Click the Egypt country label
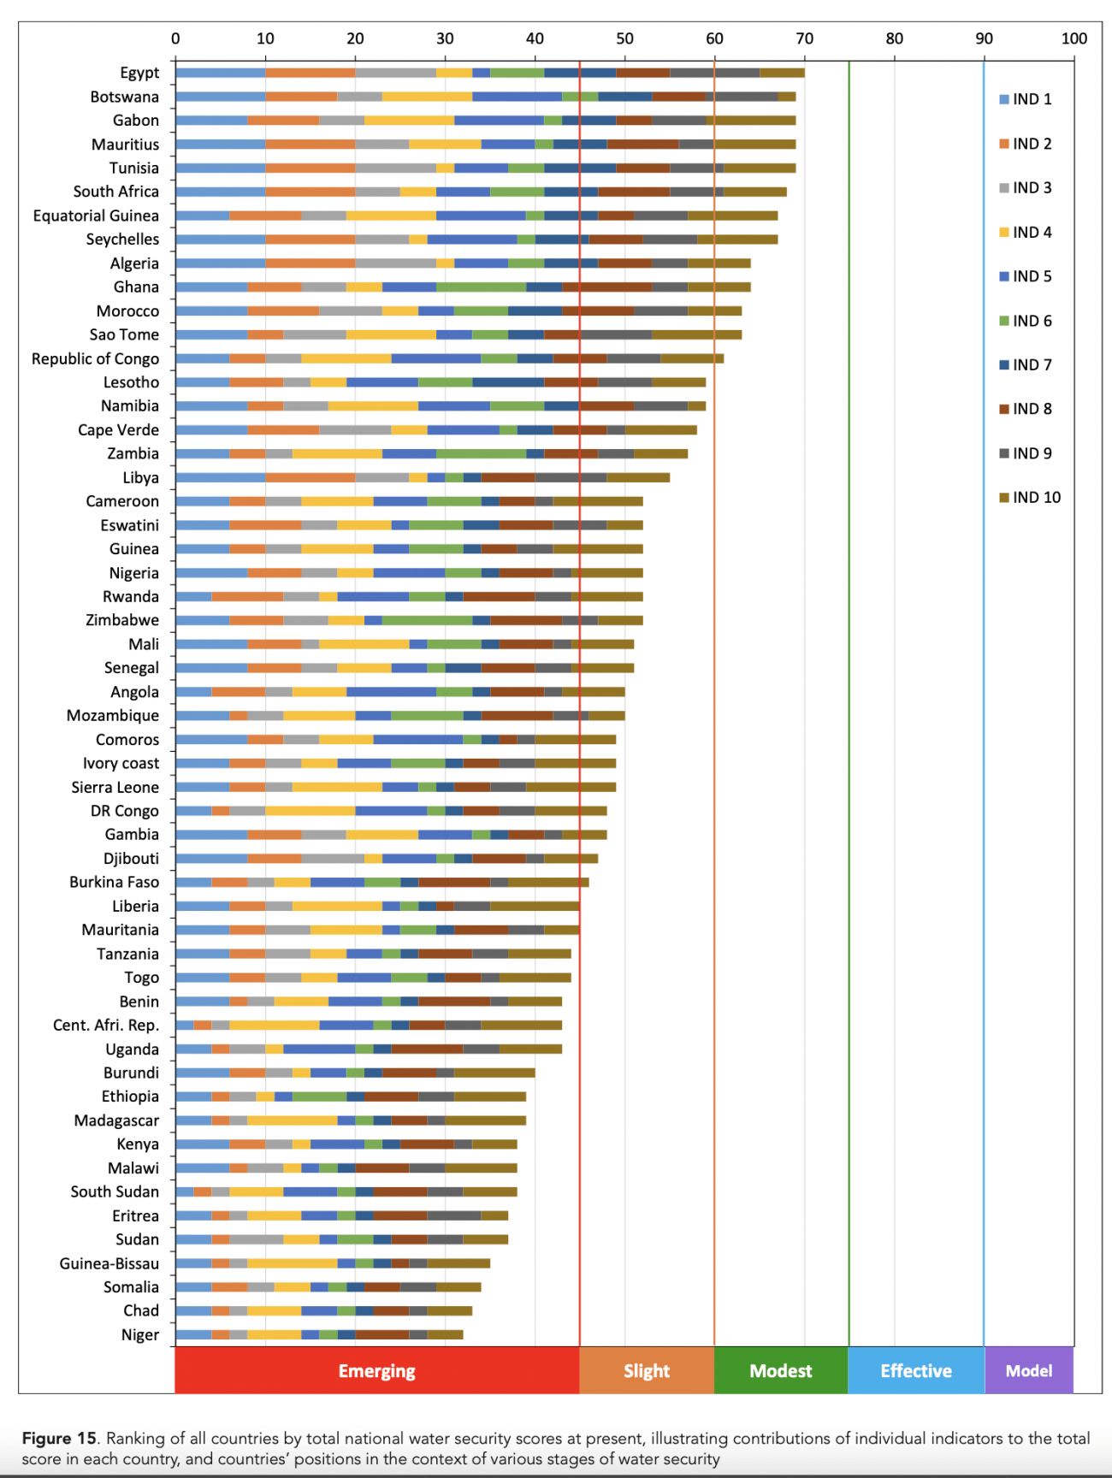coord(139,73)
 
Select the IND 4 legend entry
coord(1026,232)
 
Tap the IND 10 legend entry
coord(1030,497)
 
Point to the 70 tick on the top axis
coord(804,38)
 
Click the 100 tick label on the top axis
coord(1074,38)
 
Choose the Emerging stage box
coord(376,1370)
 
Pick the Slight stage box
coord(647,1370)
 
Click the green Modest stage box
coord(781,1370)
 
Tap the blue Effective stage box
coord(916,1370)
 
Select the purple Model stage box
coord(1029,1370)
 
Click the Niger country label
coord(139,1334)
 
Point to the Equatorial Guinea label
coord(96,216)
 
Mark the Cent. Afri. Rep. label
coord(105,1025)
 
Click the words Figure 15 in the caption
coord(59,1438)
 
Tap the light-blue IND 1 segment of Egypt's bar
coord(220,73)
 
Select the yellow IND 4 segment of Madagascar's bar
coord(292,1120)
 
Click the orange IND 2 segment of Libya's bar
coord(310,477)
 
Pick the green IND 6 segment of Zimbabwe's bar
coord(427,620)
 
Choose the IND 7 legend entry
coord(1026,364)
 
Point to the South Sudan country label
coord(115,1191)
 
